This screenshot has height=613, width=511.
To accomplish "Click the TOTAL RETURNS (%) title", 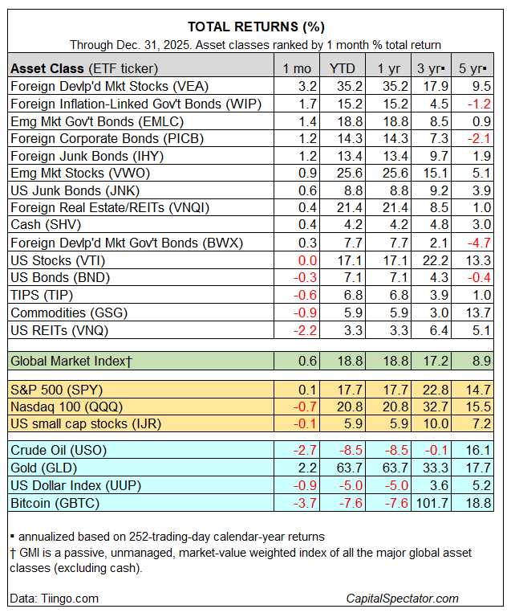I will point(255,27).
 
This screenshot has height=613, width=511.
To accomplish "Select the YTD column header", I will point(340,67).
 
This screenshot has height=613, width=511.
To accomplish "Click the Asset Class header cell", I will point(84,67).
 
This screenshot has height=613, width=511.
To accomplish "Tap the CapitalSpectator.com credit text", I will point(402,598).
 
